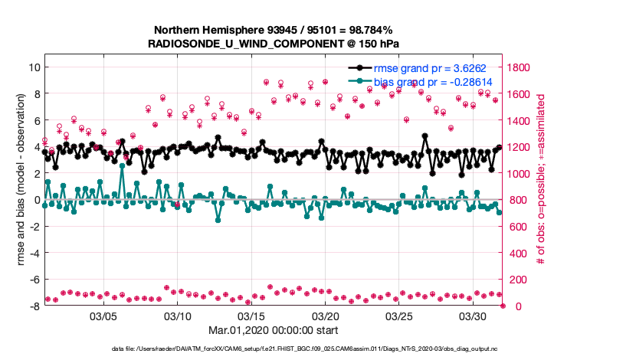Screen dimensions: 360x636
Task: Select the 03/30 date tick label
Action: point(474,316)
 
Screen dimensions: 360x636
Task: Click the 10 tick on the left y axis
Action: point(34,67)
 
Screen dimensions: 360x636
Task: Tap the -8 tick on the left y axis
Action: point(34,306)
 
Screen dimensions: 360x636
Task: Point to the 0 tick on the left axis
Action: point(36,200)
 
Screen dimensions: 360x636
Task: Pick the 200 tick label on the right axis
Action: point(516,280)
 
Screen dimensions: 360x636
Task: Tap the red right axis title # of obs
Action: point(542,181)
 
